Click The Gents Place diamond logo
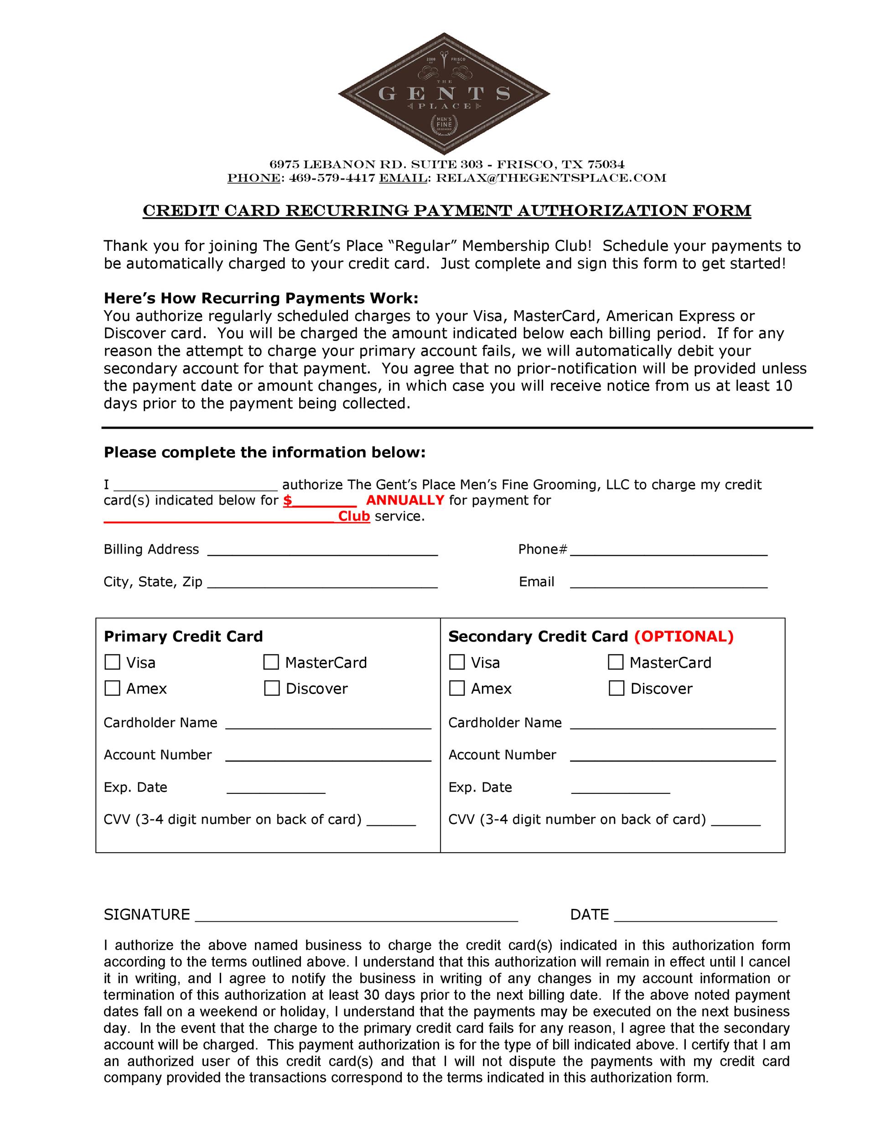click(444, 94)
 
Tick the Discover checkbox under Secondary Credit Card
click(617, 688)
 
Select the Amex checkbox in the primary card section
click(112, 688)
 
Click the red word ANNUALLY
click(404, 500)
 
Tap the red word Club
click(354, 516)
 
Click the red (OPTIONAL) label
click(684, 636)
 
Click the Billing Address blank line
click(322, 550)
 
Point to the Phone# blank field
click(669, 550)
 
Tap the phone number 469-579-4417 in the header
click(332, 178)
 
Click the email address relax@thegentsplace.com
click(551, 178)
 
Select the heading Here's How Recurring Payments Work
click(261, 298)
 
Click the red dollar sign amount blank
click(321, 501)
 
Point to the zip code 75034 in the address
click(606, 165)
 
